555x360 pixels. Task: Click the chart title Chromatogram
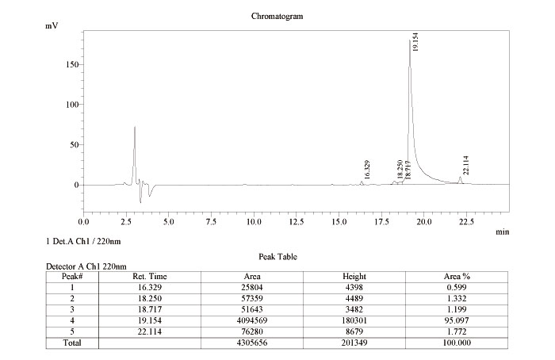277,16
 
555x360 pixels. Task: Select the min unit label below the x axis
502,232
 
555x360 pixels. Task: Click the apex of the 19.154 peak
410,41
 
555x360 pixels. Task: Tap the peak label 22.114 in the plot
467,165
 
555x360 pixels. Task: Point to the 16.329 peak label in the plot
367,169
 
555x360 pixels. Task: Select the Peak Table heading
277,257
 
